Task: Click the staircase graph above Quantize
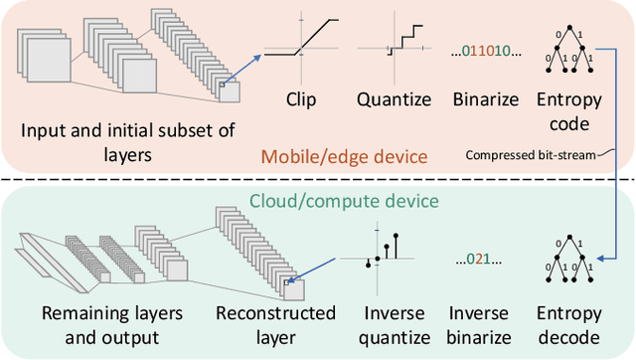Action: (397, 45)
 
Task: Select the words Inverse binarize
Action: (481, 324)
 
